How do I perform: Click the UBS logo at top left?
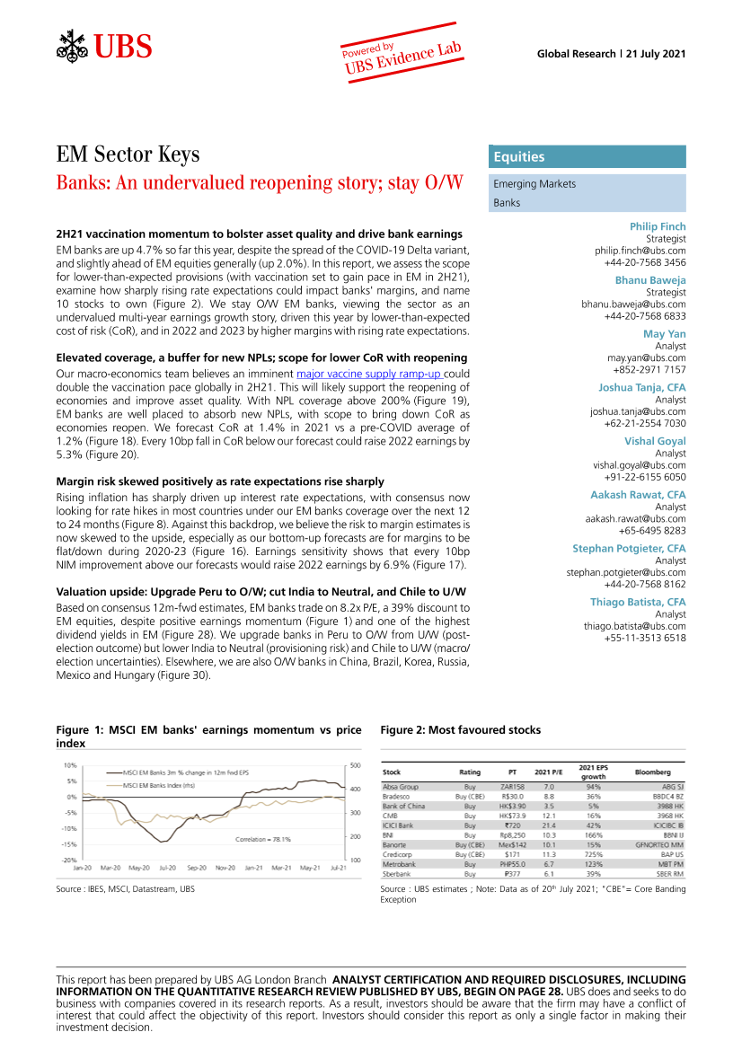(105, 45)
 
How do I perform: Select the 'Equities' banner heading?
(518, 156)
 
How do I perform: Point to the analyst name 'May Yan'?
(664, 334)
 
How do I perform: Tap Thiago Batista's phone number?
(644, 638)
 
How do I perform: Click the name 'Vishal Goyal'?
(655, 441)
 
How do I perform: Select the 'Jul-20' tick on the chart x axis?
(166, 869)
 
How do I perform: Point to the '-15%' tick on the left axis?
(68, 844)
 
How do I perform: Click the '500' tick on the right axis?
(355, 765)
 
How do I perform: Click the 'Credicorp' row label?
(397, 855)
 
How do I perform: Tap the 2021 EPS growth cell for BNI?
(593, 834)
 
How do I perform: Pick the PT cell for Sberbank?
(512, 874)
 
